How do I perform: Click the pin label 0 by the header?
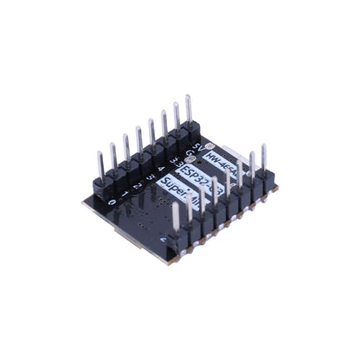point(112,200)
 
